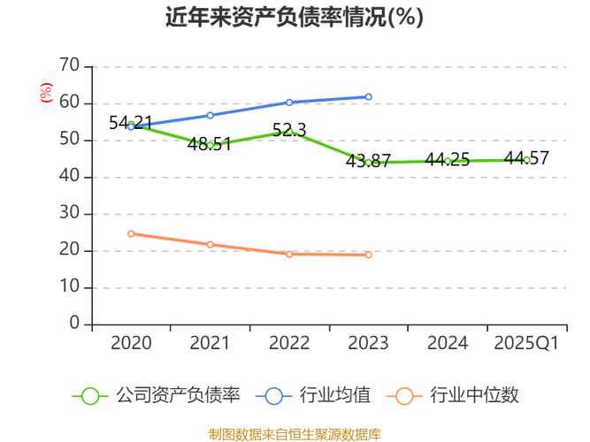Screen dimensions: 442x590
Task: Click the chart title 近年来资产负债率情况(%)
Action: click(x=295, y=18)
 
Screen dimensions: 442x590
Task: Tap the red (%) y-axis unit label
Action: click(x=46, y=92)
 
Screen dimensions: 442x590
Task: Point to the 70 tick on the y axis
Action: click(x=70, y=66)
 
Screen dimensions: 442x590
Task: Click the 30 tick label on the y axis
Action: click(x=70, y=214)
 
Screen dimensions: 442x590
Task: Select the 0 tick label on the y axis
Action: click(x=75, y=324)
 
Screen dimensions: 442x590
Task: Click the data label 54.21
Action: click(x=131, y=123)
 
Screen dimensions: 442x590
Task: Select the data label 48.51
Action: click(x=210, y=144)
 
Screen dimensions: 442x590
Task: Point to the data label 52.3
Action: click(x=289, y=130)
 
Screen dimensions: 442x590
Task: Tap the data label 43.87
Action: click(x=368, y=161)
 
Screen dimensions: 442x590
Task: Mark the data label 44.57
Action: click(x=526, y=158)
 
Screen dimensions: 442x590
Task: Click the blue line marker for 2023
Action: click(x=368, y=97)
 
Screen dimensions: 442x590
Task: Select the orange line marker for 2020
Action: click(x=131, y=233)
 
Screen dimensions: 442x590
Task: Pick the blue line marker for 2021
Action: click(x=210, y=115)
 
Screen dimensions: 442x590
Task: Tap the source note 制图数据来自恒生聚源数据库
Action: click(x=295, y=434)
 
